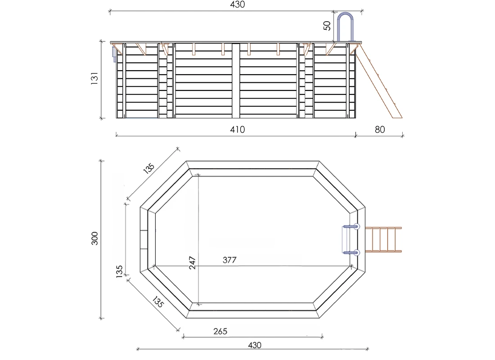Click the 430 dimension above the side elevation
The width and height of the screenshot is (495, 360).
(237, 4)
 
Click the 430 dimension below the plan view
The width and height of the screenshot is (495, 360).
(254, 345)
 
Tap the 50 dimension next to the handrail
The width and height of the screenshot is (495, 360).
(328, 26)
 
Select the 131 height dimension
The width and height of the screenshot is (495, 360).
(94, 79)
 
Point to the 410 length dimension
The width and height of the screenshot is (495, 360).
(237, 130)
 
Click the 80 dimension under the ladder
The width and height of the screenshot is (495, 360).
(380, 130)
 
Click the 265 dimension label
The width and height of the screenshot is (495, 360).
(220, 332)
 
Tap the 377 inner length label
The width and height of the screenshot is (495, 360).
(229, 260)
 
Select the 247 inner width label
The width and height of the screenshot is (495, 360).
(192, 262)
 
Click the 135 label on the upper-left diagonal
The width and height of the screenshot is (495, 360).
(149, 167)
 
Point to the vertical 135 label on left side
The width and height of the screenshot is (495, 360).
(120, 272)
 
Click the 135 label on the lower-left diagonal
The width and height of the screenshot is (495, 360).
(157, 302)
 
